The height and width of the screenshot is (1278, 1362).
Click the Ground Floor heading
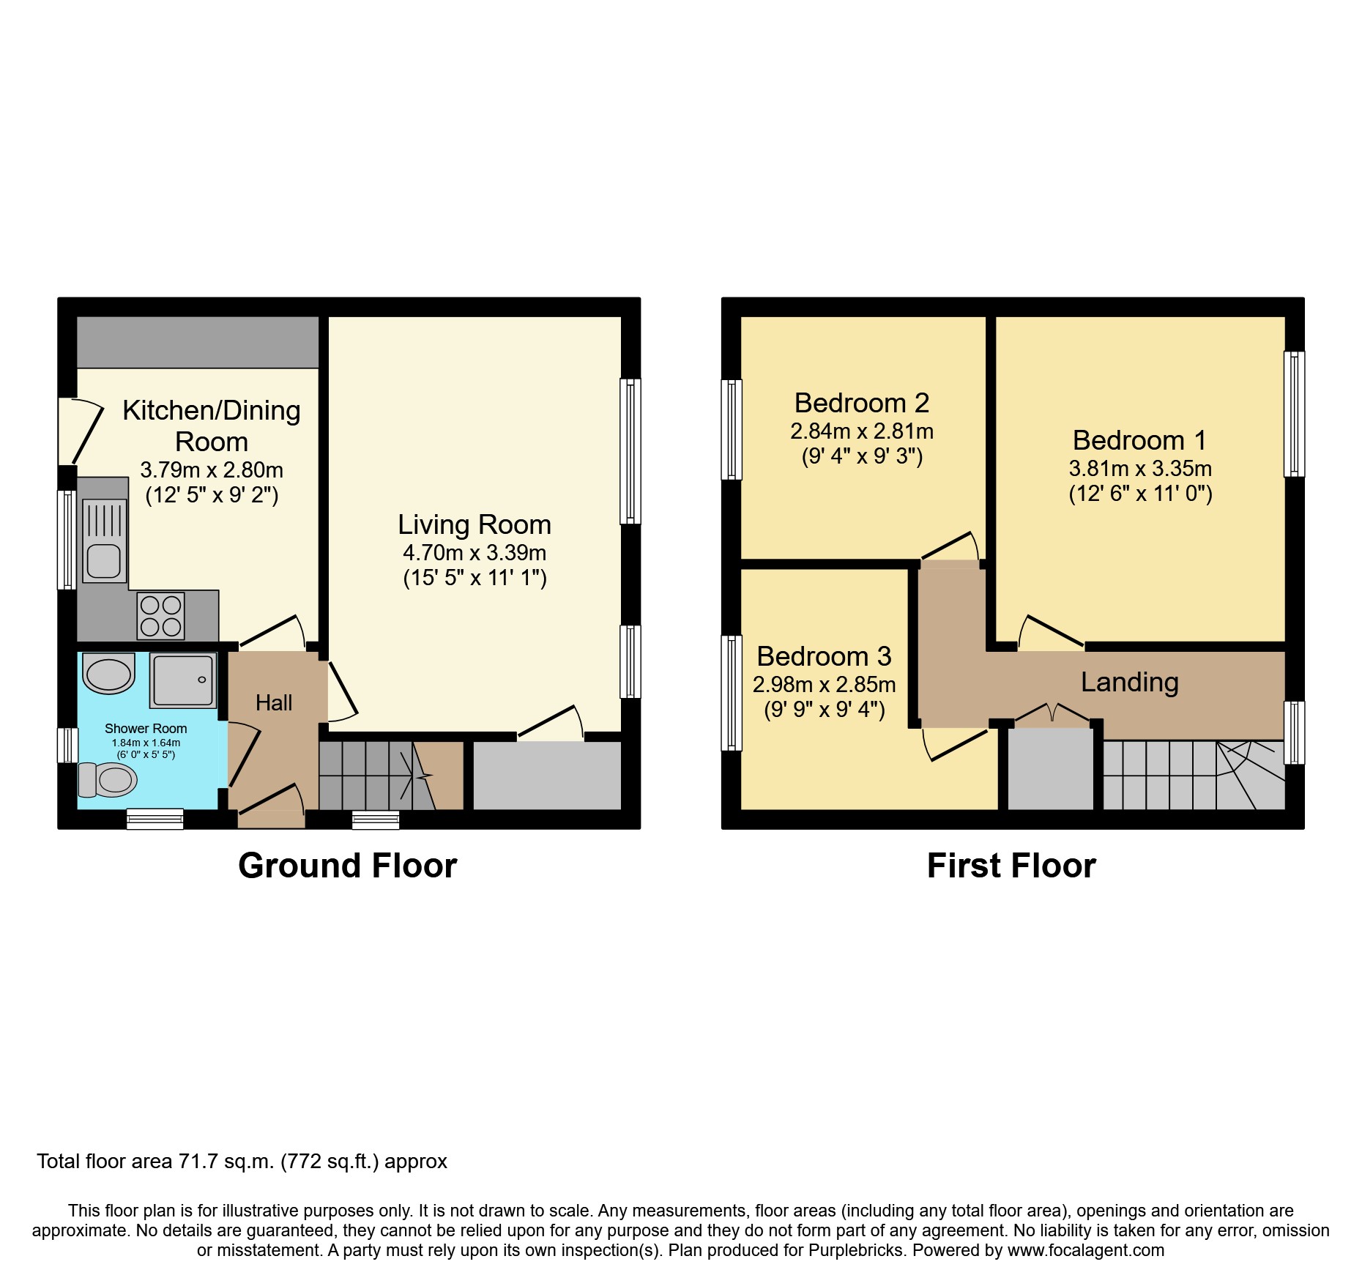pos(347,866)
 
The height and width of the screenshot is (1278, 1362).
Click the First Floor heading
pos(1011,866)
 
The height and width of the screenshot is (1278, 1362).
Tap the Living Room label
pos(475,525)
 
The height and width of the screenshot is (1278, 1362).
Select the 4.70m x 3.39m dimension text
pos(475,553)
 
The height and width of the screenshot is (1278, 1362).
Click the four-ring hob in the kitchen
pos(161,616)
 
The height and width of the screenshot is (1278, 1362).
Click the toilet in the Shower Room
pos(108,779)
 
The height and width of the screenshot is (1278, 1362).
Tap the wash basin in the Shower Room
pos(108,673)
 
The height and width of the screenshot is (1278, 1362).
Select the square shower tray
pos(183,680)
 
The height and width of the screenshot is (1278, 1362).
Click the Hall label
pos(274,703)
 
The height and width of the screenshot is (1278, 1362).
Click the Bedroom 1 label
pos(1139,440)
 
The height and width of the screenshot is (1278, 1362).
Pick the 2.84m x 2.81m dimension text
pos(862,431)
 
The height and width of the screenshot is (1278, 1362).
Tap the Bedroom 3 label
pos(824,656)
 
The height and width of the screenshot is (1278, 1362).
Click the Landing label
pos(1129,682)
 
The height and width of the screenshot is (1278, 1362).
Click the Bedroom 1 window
pos(1294,414)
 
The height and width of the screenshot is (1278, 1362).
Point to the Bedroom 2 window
pos(732,429)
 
